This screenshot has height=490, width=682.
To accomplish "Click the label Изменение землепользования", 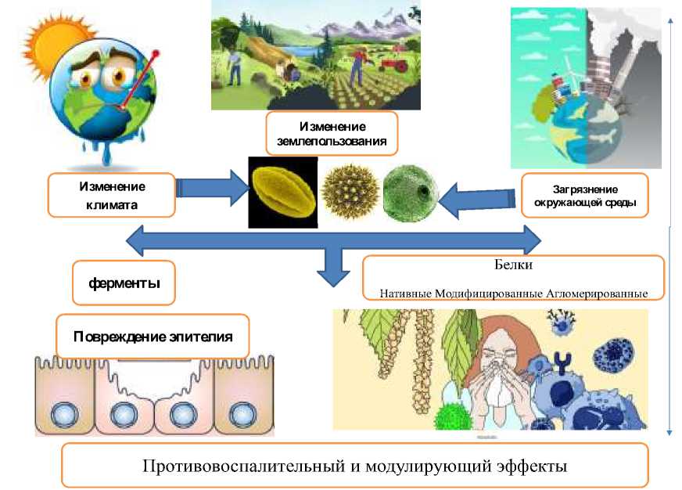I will tap(332, 134).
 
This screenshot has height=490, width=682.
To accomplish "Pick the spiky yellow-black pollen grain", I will tap(350, 190).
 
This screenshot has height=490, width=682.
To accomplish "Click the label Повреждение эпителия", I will tap(153, 337).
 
